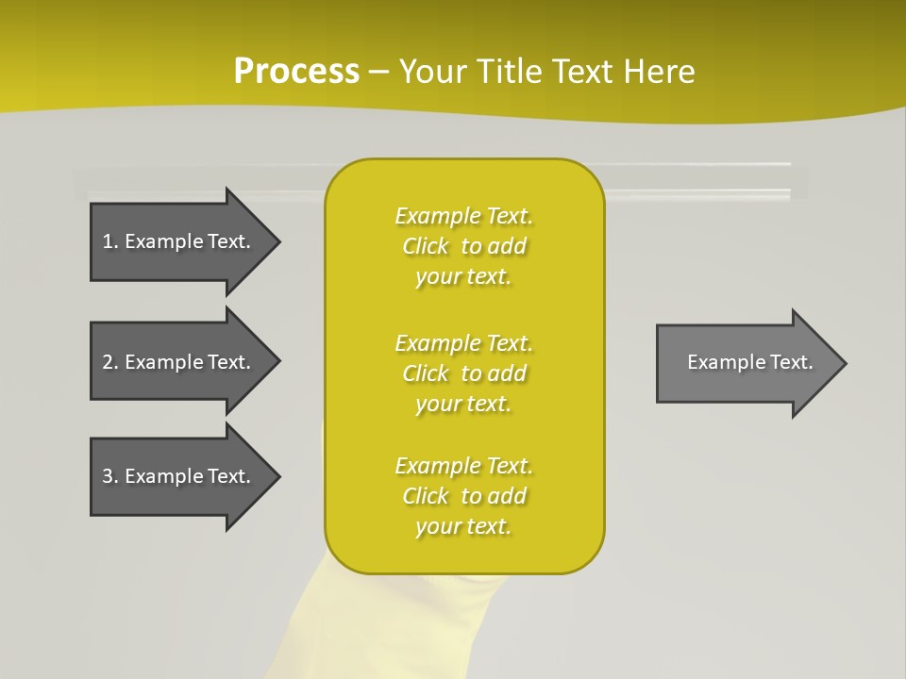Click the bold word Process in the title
(x=296, y=72)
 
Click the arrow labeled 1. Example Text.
(x=179, y=241)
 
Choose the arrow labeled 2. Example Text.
(x=179, y=362)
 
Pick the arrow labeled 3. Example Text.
(x=179, y=476)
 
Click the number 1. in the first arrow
(x=109, y=241)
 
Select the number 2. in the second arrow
(x=109, y=362)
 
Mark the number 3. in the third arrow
(x=109, y=476)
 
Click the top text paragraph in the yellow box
(x=463, y=246)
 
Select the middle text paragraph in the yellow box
(x=463, y=373)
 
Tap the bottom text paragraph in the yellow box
(x=463, y=496)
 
